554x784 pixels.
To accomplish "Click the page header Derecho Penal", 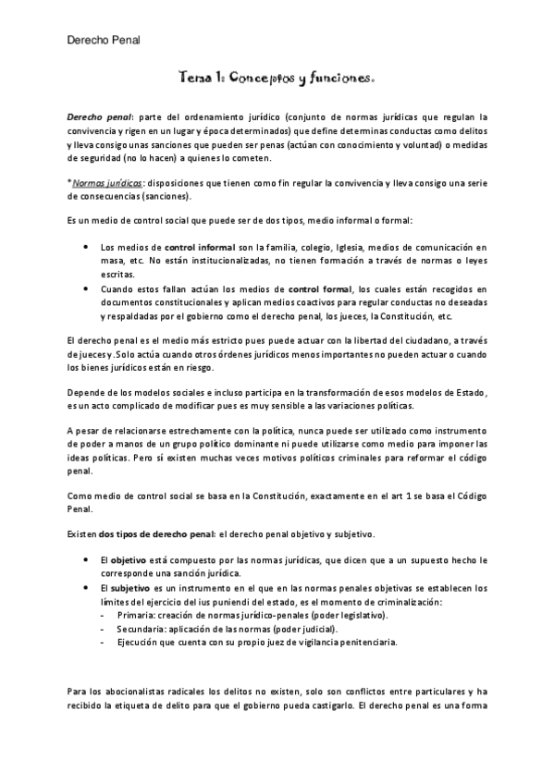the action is click(x=104, y=38).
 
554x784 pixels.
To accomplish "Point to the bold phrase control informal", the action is click(x=199, y=248).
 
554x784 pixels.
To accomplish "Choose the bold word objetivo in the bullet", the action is click(x=129, y=561).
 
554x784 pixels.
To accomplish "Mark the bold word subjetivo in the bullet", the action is click(x=132, y=588).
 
